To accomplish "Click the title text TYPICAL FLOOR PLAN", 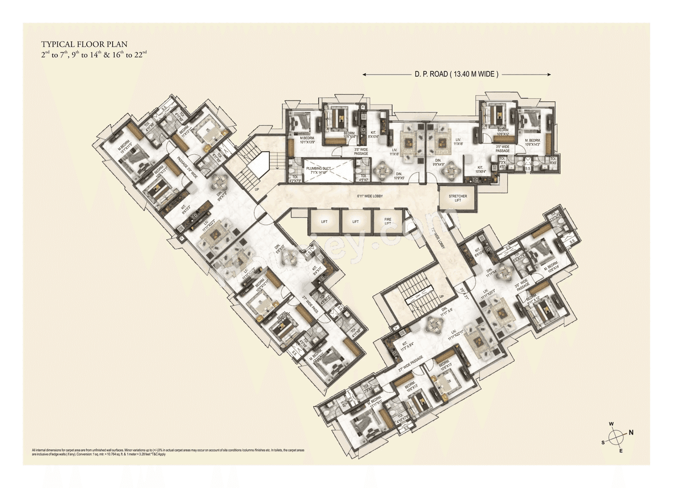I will (x=84, y=44).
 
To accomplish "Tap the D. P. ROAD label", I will (x=456, y=75).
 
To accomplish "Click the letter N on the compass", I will (x=631, y=433).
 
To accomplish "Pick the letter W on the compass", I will (x=611, y=424).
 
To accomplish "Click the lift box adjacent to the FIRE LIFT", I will (x=355, y=222).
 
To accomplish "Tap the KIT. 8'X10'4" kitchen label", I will (x=374, y=134).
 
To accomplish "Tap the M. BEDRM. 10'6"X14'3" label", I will (x=535, y=142).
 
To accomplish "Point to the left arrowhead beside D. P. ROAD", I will (x=365, y=75).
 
